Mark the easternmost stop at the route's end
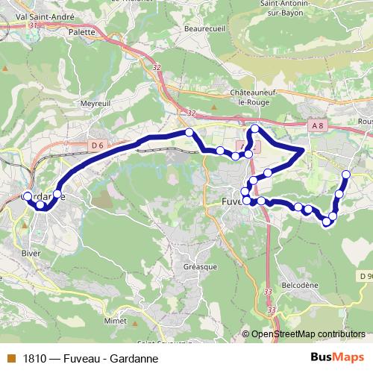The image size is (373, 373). [346, 175]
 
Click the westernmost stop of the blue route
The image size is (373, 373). [28, 197]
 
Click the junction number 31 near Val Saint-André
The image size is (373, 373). [31, 25]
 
